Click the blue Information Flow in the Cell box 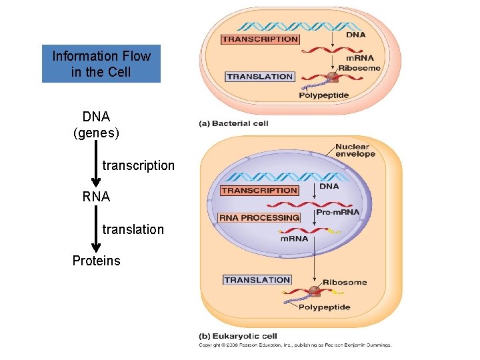pos(101,64)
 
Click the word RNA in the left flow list pos(96,197)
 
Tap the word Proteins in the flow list pos(97,261)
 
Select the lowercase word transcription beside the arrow pos(139,165)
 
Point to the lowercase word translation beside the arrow pos(133,229)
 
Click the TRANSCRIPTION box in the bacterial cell pos(260,39)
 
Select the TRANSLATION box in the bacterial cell pos(260,77)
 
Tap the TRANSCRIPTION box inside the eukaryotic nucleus pos(259,191)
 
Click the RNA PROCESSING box pos(259,218)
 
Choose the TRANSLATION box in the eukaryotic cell pos(257,280)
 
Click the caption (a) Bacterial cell pos(233,123)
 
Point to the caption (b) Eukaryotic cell pos(238,336)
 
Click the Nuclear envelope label pos(355,151)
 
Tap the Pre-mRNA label pos(337,212)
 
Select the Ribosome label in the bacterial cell pos(359,68)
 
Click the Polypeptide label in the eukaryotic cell pos(323,307)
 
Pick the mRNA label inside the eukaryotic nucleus pos(294,238)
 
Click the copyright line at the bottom pos(295,345)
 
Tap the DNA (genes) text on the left pos(96,125)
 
